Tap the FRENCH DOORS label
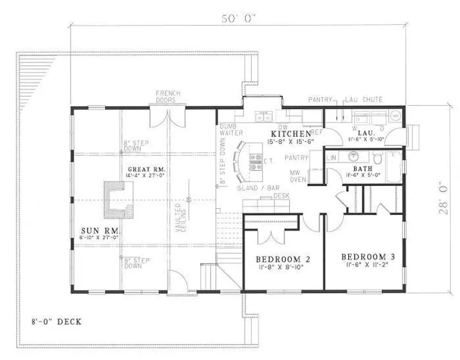[168, 97]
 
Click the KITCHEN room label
[291, 133]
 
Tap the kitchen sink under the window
[264, 116]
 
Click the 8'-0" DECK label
[56, 322]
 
